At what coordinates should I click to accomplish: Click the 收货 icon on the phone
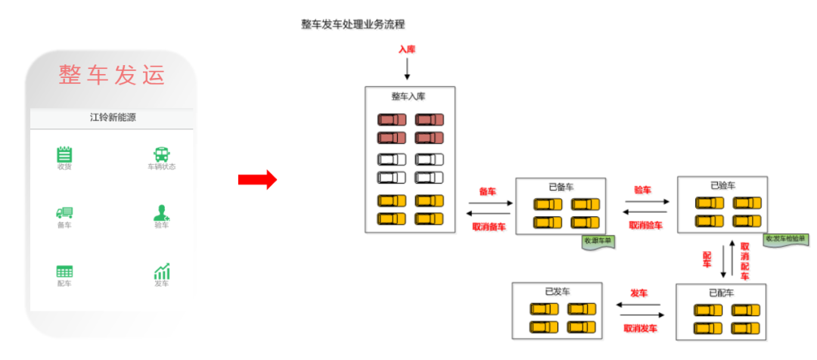coord(64,154)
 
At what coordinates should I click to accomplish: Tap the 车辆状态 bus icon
coord(161,154)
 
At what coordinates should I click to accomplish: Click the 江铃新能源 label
coord(112,117)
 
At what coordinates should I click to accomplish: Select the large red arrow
coord(258,180)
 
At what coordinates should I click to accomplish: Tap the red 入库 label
coord(407,49)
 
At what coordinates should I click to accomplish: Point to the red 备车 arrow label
coord(487,191)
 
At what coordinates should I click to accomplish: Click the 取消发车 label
coord(640,328)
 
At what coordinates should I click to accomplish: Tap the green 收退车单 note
coord(598,241)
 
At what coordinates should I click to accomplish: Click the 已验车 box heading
coord(722,185)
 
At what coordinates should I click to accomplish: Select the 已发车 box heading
coord(557,291)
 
